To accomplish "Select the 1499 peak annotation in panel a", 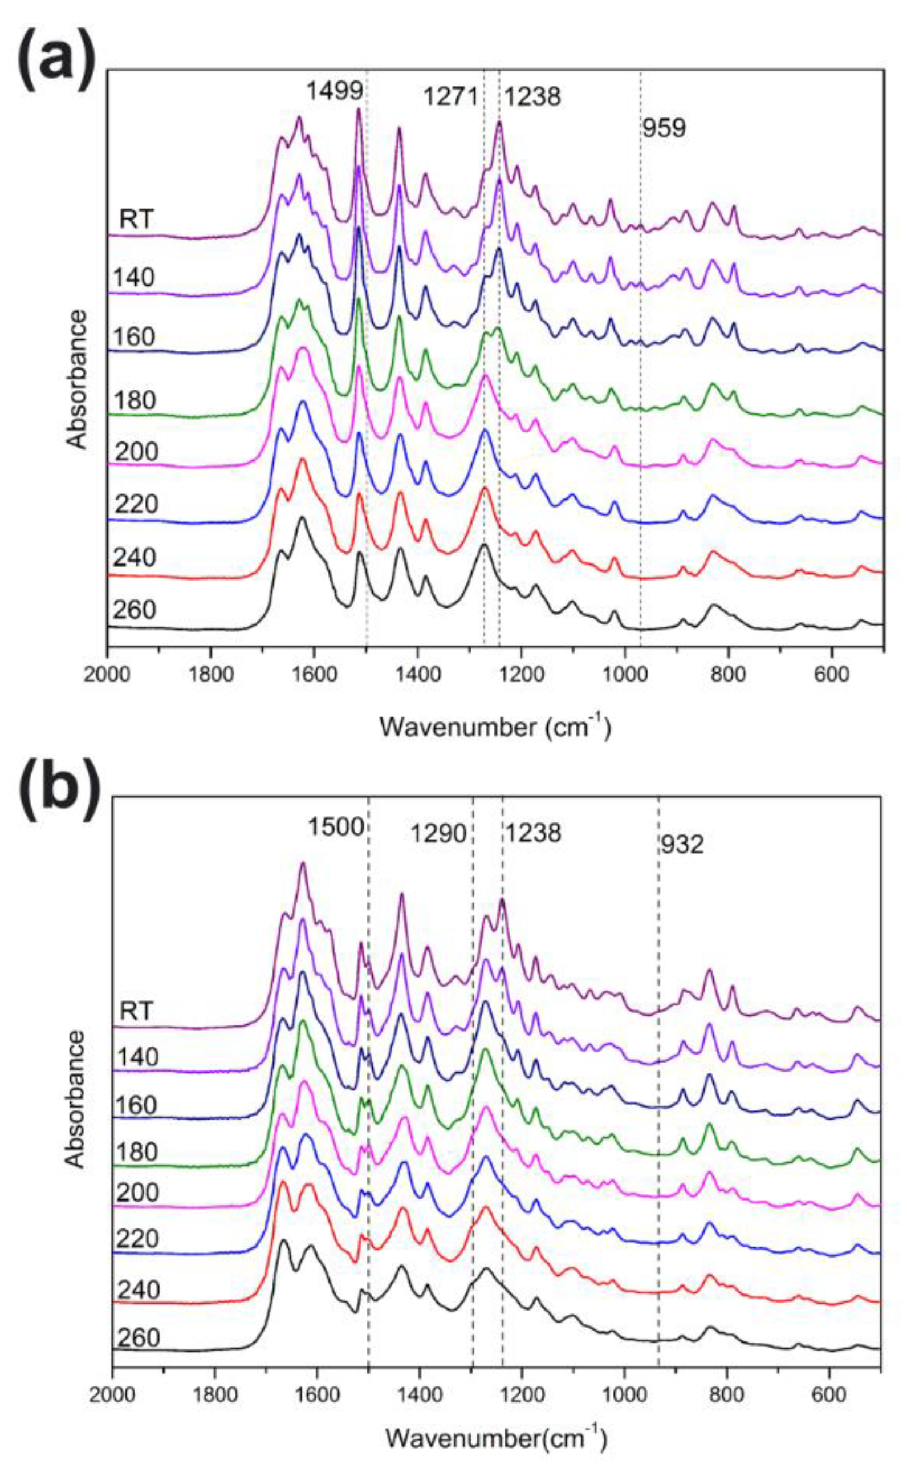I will click(x=335, y=92).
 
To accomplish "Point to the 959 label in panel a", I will click(x=664, y=128).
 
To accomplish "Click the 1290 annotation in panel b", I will click(x=438, y=833).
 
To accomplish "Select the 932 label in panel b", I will click(x=682, y=845).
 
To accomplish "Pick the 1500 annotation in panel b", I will click(x=336, y=827).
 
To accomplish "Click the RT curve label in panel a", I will click(x=136, y=220).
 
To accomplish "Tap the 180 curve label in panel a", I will click(x=135, y=400).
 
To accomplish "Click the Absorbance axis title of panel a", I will click(x=77, y=379).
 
